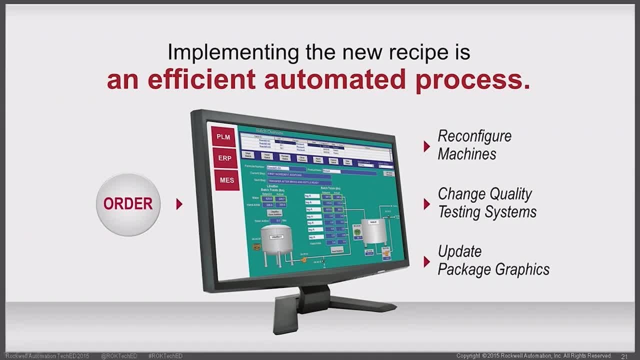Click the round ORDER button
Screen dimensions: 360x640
[x=128, y=204]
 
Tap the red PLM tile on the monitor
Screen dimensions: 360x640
[x=223, y=136]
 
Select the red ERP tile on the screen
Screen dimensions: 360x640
[x=225, y=158]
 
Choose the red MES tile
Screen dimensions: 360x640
[x=226, y=180]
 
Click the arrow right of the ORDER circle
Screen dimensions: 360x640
[x=179, y=204]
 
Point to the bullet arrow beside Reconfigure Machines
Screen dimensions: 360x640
[x=426, y=146]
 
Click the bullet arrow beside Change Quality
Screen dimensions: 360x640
[x=426, y=203]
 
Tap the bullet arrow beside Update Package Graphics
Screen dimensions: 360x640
[x=426, y=261]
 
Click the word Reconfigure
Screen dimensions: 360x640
[x=474, y=136]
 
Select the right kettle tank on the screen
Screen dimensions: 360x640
[x=373, y=231]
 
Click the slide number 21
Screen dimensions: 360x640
[x=624, y=356]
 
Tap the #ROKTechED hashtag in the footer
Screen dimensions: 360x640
[x=165, y=356]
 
